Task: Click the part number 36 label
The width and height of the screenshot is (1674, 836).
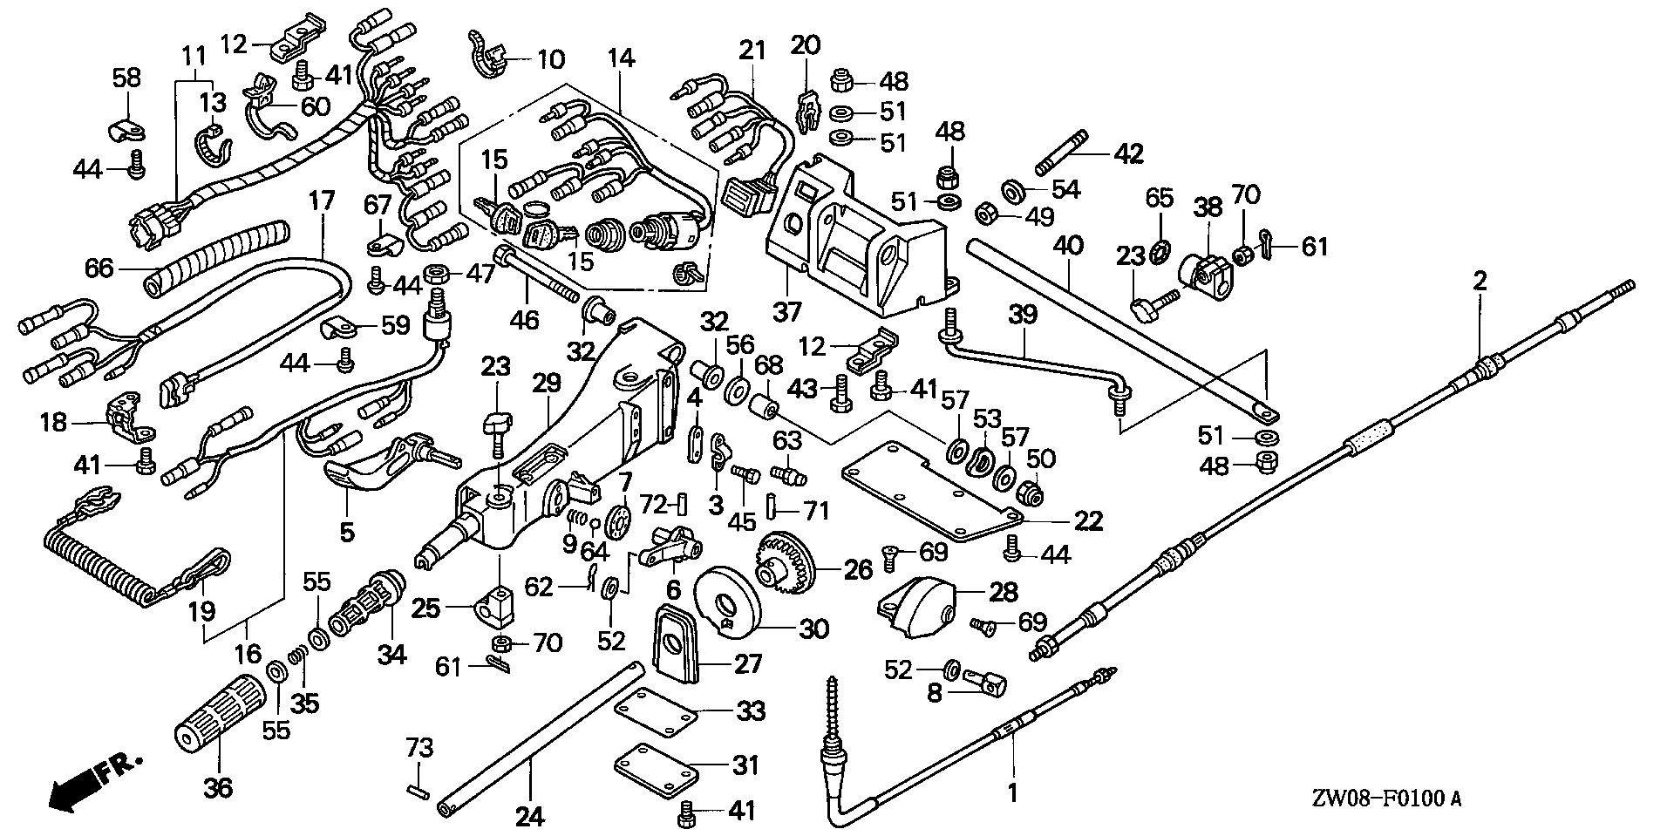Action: click(x=219, y=788)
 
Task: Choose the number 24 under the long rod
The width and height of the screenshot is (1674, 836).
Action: click(x=529, y=816)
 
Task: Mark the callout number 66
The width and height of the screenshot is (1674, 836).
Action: click(x=99, y=267)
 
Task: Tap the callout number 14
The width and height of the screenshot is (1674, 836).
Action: click(x=622, y=58)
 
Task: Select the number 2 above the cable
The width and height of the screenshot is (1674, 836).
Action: click(x=1480, y=281)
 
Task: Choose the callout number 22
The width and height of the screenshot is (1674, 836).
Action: click(x=1088, y=521)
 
